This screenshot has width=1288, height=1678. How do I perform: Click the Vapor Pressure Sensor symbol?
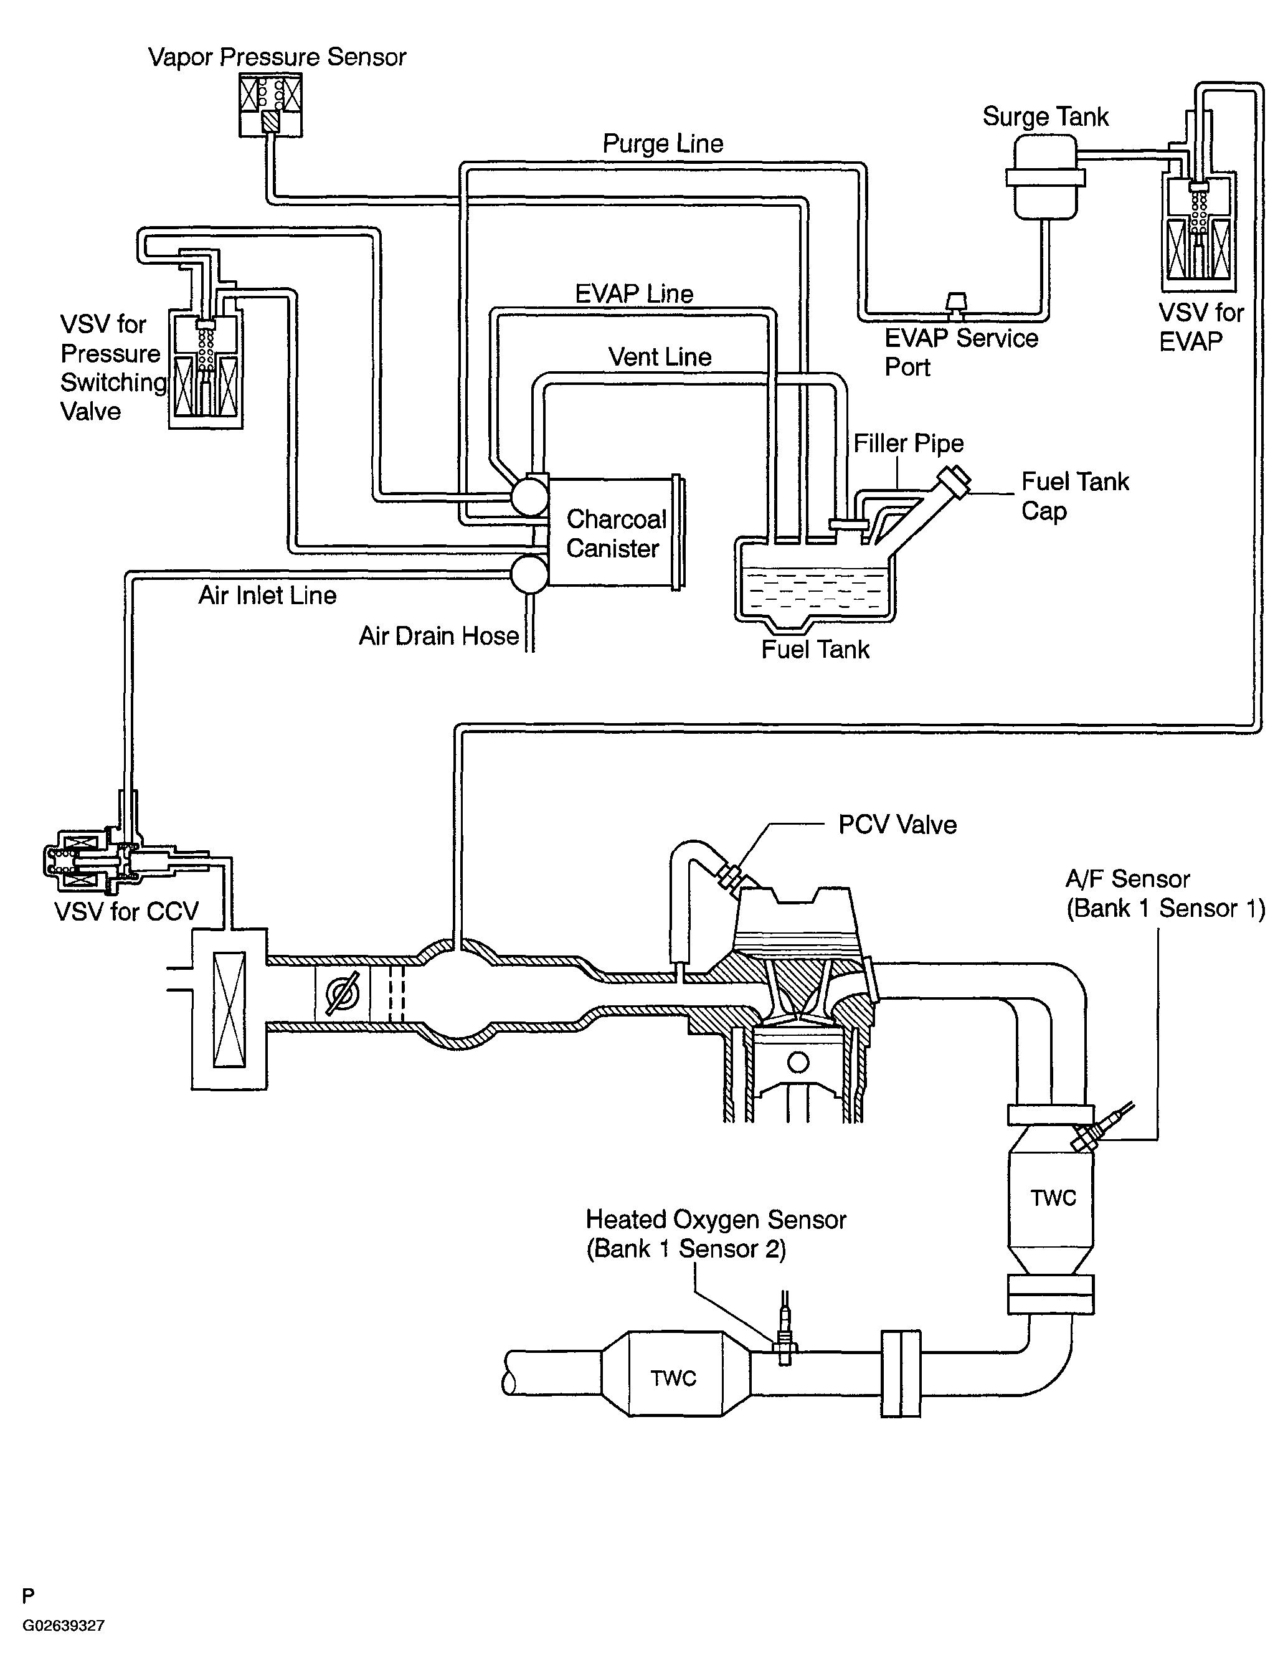tap(270, 105)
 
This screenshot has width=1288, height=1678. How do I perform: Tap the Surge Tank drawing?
tap(1045, 178)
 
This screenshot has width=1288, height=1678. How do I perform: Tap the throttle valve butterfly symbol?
tap(342, 993)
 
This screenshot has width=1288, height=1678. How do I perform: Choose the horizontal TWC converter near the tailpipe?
tap(673, 1378)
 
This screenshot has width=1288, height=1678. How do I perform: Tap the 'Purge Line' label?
tap(663, 143)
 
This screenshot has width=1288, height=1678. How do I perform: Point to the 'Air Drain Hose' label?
tap(438, 636)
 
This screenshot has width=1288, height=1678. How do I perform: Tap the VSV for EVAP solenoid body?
tap(1198, 230)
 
